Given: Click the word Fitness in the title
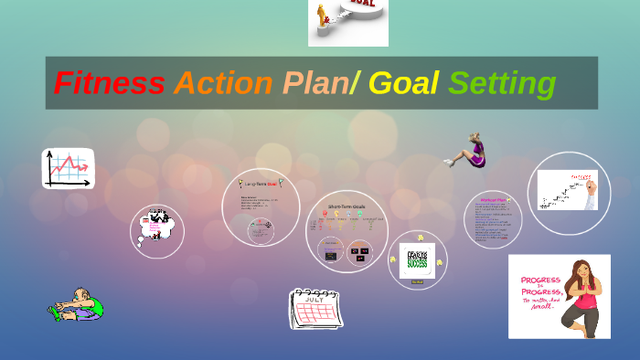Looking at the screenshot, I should pos(109,83).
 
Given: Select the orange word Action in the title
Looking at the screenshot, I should pos(223,83).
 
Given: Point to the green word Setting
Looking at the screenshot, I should pos(502,83).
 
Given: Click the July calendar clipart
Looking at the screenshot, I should pos(315,308).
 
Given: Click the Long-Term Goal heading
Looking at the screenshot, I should pos(261,183).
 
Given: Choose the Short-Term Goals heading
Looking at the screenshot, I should pos(347,207).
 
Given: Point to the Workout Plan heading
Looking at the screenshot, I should pos(493,200).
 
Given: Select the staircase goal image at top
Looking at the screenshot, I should pos(347,23).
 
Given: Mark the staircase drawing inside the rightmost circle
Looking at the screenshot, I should pos(560,191).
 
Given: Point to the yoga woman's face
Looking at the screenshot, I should pos(581,272).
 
